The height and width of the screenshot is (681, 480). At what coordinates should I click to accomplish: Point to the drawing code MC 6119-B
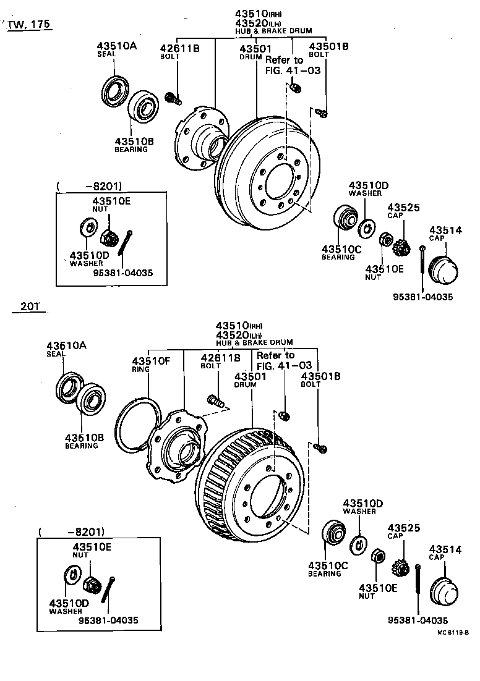(x=453, y=632)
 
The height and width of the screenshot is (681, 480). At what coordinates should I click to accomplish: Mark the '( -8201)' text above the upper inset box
(x=89, y=185)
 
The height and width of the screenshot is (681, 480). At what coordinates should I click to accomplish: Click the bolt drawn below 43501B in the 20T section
(x=320, y=447)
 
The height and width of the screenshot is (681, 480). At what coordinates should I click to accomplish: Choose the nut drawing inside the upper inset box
(x=109, y=235)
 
